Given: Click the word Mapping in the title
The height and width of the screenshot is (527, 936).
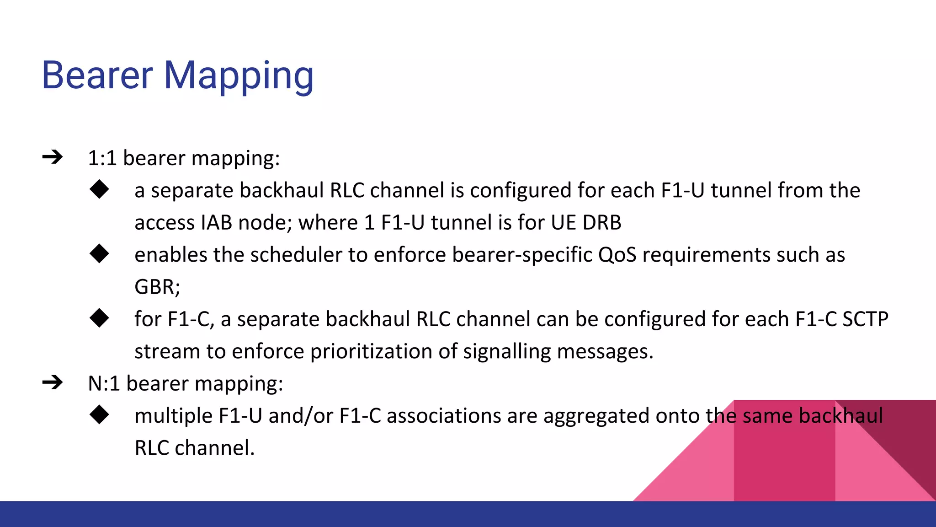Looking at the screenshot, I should (x=239, y=76).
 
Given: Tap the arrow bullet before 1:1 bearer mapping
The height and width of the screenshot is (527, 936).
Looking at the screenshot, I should (x=53, y=157).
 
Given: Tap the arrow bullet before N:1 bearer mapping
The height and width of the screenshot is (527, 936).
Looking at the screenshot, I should (x=53, y=382).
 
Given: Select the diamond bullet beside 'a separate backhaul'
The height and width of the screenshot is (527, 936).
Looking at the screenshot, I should (x=99, y=189).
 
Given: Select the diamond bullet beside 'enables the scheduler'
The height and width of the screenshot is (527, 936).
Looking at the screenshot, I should (x=99, y=254).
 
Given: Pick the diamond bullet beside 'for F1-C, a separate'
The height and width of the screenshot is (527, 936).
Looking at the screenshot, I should (x=99, y=318).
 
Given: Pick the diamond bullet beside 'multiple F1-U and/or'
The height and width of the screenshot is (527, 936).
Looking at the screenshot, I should (x=99, y=415).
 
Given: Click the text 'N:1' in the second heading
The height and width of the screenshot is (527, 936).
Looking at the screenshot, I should (x=104, y=383).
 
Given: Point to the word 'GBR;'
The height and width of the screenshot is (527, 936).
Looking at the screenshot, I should (x=157, y=287).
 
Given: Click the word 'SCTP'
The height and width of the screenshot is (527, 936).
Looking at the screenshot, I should (x=865, y=319).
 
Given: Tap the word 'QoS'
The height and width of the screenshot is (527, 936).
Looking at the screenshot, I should (x=617, y=255).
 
